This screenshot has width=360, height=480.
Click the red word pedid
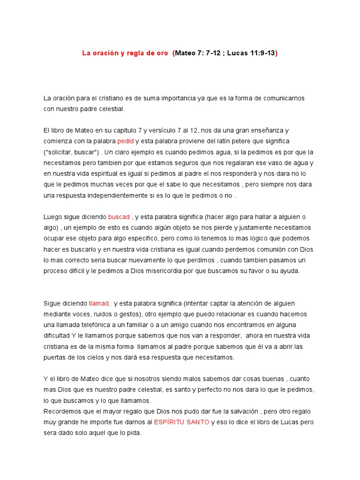tap(126, 141)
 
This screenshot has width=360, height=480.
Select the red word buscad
tap(119, 217)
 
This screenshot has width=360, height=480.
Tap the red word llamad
tap(99, 303)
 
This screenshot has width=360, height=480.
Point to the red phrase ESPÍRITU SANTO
tap(182, 422)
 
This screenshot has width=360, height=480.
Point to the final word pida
tap(134, 433)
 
